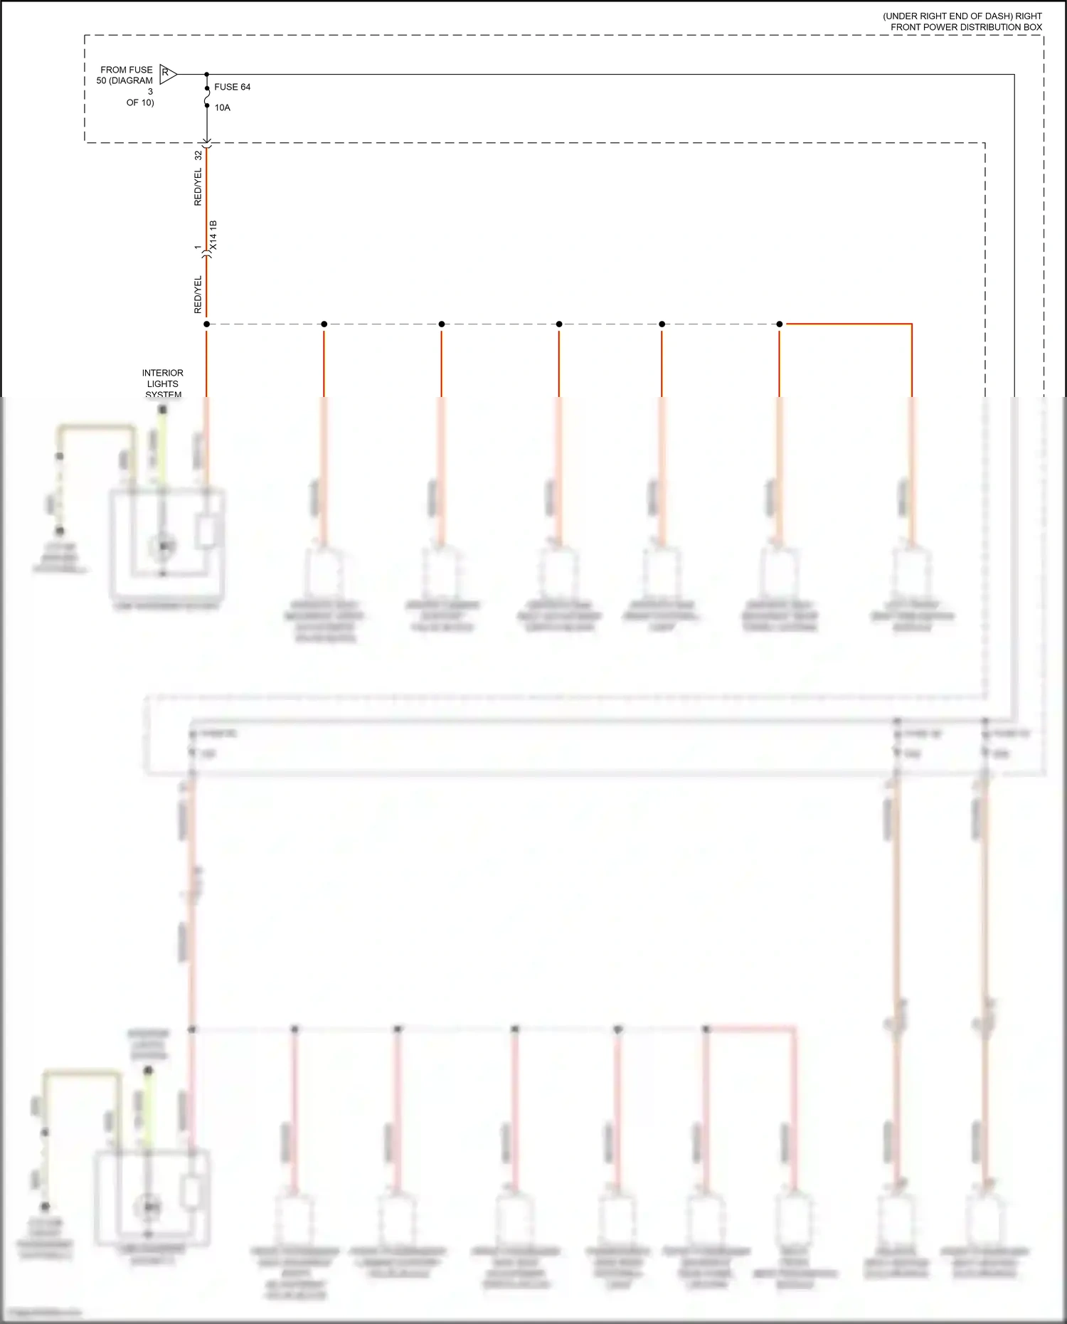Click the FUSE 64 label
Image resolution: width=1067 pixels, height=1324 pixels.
tap(232, 87)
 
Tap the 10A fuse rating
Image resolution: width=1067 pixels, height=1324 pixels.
tap(223, 107)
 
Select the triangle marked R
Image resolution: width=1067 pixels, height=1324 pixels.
tap(167, 73)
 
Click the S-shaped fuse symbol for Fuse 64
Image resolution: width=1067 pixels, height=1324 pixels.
tap(207, 96)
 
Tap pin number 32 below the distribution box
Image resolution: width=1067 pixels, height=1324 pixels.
tap(198, 154)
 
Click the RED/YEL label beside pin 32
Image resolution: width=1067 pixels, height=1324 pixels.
tap(198, 187)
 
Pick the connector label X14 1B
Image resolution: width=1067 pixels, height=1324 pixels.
tap(213, 235)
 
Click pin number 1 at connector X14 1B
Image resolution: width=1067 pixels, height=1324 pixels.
tap(198, 248)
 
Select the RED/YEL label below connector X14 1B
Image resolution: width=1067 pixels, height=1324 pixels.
tap(198, 295)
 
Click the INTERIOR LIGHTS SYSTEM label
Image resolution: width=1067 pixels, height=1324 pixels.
tap(162, 383)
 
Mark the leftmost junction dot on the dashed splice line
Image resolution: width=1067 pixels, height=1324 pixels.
tap(206, 324)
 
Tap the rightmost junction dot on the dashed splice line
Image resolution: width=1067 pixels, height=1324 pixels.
tap(780, 324)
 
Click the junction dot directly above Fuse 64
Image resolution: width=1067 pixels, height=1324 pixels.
tap(207, 74)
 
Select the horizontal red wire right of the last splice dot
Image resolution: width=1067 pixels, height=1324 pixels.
tap(846, 324)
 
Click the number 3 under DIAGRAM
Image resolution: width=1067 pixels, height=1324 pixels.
tap(150, 92)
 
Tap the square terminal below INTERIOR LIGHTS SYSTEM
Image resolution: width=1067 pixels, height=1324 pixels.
tap(162, 410)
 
